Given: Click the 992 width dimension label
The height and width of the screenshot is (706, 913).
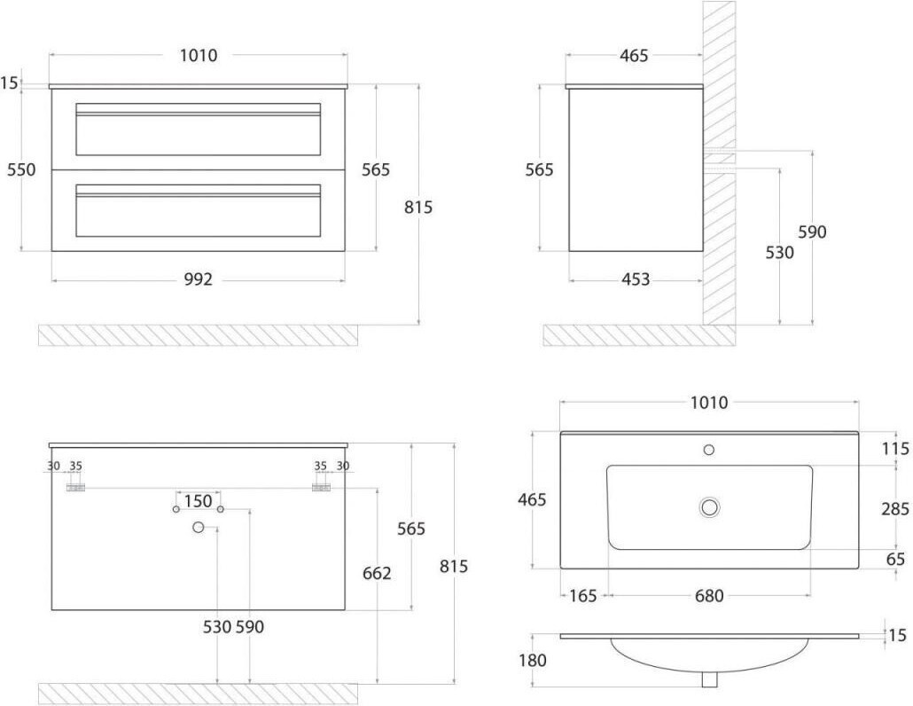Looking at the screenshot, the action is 199,279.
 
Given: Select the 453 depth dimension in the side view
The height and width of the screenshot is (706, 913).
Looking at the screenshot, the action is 636,279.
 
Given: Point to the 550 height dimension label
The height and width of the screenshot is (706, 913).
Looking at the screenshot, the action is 21,169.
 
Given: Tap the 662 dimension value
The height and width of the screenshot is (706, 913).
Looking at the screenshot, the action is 377,573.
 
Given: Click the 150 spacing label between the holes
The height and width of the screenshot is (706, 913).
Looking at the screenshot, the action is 198,501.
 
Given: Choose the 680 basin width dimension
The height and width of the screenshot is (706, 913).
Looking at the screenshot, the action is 709,595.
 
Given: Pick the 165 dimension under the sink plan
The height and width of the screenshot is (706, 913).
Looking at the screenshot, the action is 583,595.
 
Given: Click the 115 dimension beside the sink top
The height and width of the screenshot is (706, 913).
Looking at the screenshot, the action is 895,449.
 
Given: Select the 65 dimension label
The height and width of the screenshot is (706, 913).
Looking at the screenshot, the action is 895,559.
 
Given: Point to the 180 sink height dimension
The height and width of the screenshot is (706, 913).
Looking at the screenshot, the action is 533,660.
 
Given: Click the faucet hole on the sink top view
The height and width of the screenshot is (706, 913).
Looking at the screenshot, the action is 708,450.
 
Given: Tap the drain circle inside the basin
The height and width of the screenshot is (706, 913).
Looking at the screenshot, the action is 709,507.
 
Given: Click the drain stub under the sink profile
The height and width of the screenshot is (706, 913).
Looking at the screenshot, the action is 709,679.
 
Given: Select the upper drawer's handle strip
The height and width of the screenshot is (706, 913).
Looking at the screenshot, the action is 198,110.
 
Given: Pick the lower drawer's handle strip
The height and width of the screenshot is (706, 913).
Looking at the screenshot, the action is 198,191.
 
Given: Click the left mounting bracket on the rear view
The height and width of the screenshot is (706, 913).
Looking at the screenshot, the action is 75,488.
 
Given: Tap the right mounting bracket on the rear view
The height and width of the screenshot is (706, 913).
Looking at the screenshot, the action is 322,488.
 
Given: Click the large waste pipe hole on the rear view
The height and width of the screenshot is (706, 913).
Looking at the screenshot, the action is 198,528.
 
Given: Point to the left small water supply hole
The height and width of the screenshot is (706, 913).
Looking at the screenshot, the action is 176,510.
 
